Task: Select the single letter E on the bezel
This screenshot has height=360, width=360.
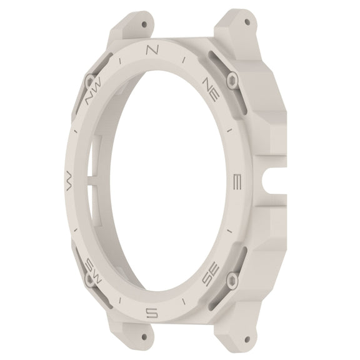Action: pos(237,182)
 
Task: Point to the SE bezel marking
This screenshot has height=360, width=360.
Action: pos(211,274)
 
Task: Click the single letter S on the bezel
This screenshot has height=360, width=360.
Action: pos(152,312)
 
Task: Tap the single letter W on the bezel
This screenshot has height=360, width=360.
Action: pos(69,182)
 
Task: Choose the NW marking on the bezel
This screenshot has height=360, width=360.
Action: pos(94,90)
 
